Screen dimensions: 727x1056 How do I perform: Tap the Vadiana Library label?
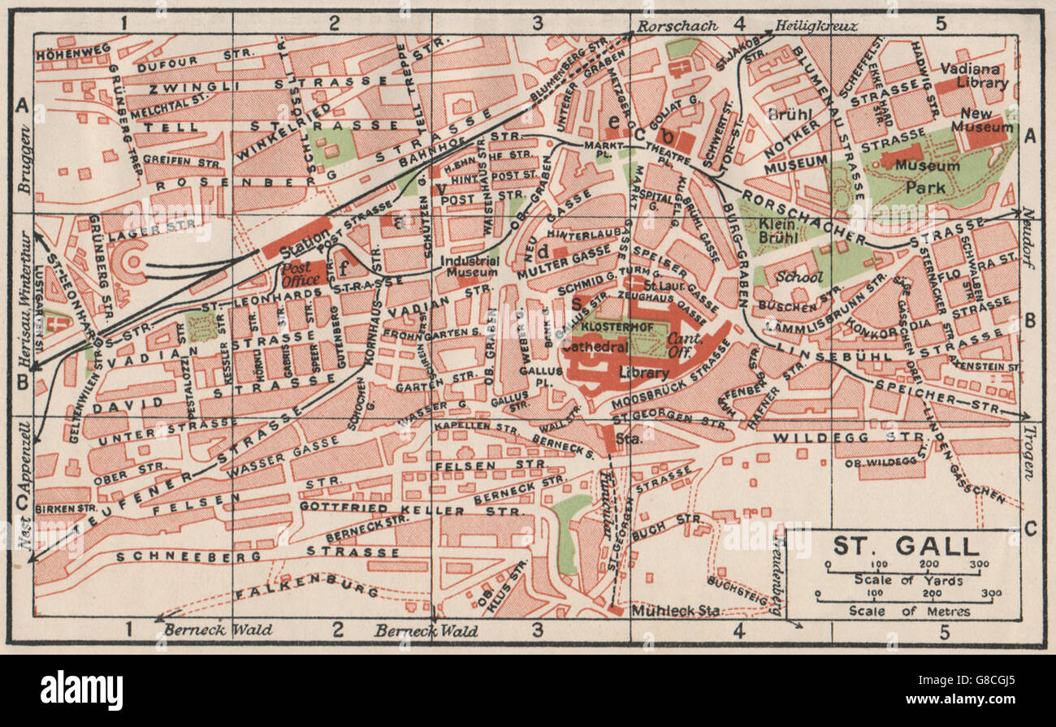[975, 76]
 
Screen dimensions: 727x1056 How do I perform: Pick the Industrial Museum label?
[468, 268]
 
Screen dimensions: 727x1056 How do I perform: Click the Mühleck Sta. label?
[674, 611]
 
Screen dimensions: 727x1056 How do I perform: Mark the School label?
[798, 276]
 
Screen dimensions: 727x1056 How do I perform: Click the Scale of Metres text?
[909, 611]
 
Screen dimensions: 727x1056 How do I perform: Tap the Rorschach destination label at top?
[677, 26]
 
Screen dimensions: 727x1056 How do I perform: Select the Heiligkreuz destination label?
[816, 26]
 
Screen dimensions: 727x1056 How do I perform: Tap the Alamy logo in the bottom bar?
[81, 690]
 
